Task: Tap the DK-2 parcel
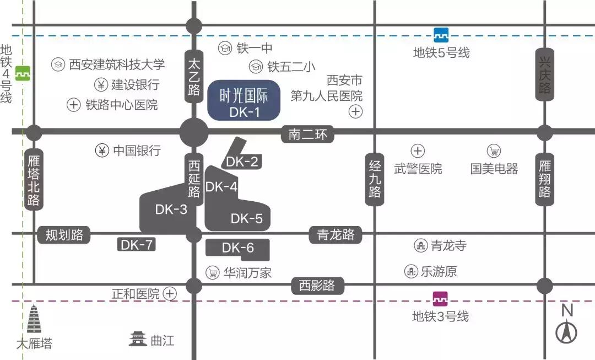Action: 241,160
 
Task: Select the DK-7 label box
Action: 136,245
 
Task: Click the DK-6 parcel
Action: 237,249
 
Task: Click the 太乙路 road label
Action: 193,77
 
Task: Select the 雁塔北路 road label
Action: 34,179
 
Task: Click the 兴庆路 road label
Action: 544,74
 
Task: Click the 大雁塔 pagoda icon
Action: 34,320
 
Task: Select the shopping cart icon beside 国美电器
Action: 494,151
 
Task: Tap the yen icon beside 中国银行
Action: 102,151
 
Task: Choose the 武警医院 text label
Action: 418,169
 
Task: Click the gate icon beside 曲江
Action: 138,339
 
